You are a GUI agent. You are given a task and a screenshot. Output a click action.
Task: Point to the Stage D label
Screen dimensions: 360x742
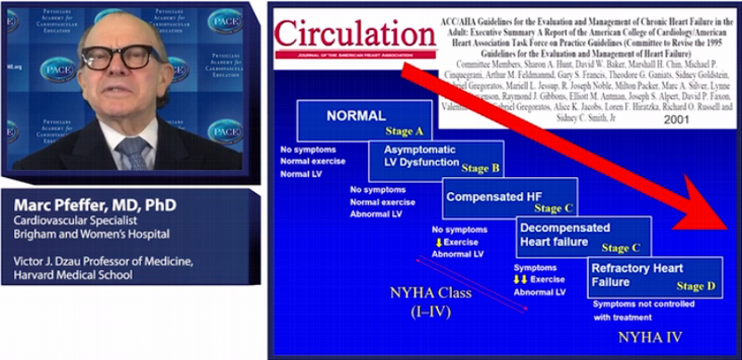[696, 287]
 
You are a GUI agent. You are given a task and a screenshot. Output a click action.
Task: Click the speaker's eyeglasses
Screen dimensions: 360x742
[129, 58]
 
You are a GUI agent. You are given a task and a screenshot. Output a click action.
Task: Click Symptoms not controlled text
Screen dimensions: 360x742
[643, 304]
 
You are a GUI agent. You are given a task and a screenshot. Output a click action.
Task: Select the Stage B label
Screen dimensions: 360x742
[480, 169]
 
